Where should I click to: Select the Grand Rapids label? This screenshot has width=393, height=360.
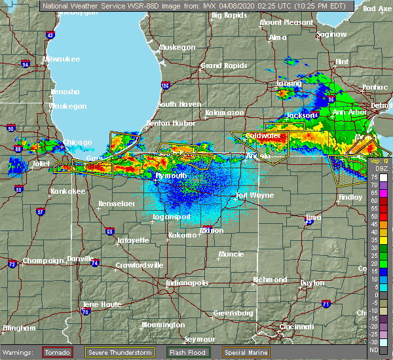(x=221, y=65)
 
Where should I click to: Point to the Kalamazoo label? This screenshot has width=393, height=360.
(x=225, y=113)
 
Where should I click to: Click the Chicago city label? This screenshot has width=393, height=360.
(x=78, y=143)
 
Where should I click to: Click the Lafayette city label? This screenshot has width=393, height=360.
(x=134, y=241)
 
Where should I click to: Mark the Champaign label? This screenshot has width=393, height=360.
(x=41, y=261)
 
